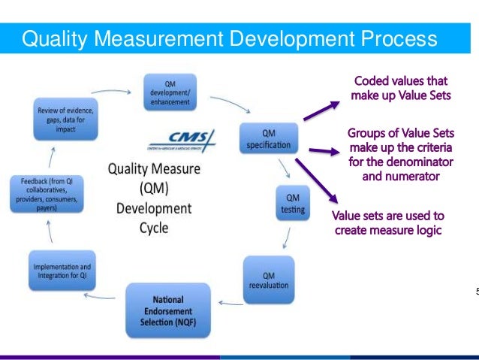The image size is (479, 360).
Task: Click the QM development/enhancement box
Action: [x=170, y=89]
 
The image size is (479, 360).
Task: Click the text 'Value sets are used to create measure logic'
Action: [x=388, y=223]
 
